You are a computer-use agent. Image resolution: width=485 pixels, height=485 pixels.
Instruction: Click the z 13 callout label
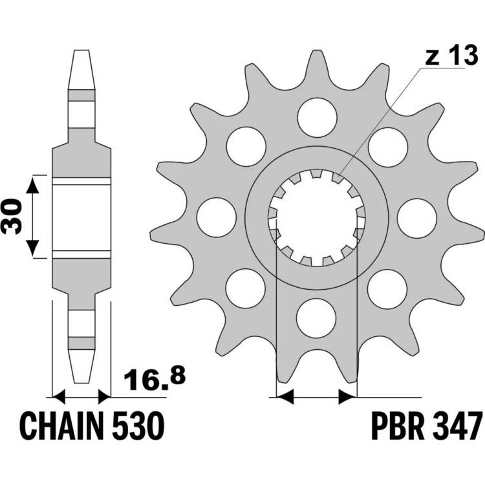(451, 56)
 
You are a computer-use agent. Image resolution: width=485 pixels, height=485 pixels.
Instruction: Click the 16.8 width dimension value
(155, 378)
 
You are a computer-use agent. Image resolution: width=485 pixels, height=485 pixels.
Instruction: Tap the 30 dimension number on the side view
(12, 216)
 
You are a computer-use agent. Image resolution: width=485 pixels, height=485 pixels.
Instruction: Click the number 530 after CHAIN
(138, 426)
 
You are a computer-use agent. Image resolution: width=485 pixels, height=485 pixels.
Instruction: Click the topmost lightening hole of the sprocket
(317, 117)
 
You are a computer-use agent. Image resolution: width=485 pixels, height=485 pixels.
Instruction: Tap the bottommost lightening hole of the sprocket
(316, 318)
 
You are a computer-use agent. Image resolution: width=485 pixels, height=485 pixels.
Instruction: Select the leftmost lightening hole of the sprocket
(216, 217)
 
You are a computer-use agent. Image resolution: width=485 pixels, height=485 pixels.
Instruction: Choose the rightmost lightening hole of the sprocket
(417, 219)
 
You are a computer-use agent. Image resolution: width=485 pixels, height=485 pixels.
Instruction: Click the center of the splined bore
(317, 218)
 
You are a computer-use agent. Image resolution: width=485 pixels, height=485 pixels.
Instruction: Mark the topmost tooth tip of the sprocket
(317, 50)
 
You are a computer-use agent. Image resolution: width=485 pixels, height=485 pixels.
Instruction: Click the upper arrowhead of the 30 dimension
(32, 185)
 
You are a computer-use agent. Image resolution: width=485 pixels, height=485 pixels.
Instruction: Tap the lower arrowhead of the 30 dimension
(32, 248)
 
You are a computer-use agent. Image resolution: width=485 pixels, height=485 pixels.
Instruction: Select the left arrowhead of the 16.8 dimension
(58, 397)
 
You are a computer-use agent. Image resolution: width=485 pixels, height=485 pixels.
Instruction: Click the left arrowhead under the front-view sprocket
(285, 397)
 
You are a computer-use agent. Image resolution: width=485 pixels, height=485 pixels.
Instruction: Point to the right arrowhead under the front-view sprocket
(348, 397)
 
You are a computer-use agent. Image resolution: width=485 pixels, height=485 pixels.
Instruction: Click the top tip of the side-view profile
(81, 50)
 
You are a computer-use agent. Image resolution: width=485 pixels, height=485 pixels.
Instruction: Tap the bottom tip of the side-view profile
(81, 383)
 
